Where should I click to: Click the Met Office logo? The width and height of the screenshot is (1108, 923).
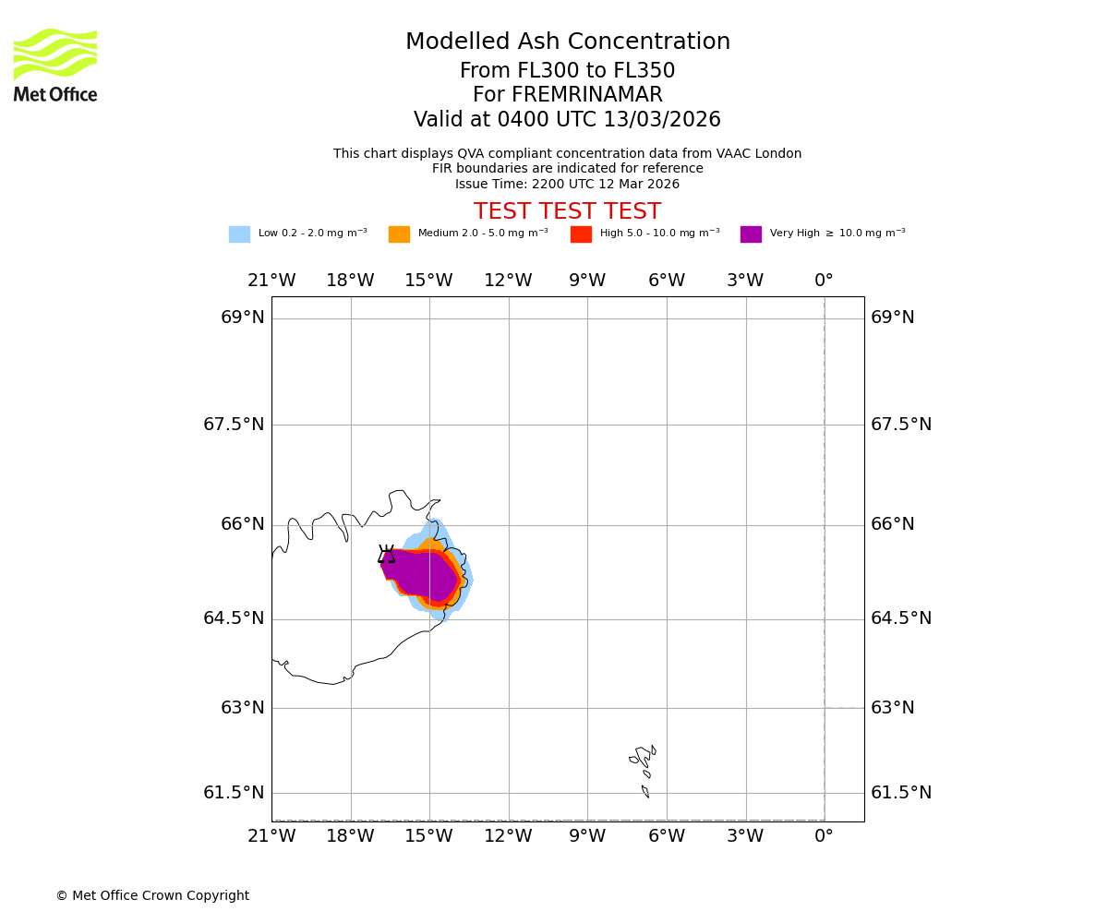[x=55, y=65]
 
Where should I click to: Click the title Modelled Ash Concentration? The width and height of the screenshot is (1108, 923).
[x=567, y=42]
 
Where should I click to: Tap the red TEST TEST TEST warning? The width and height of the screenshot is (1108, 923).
[x=567, y=212]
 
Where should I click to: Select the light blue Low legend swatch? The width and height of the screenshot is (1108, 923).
[x=239, y=234]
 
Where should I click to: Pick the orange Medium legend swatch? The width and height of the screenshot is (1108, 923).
[x=399, y=234]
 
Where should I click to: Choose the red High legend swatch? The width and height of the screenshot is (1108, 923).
[x=581, y=234]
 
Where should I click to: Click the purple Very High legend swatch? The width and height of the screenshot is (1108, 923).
[x=751, y=234]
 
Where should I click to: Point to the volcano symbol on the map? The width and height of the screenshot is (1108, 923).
[x=386, y=554]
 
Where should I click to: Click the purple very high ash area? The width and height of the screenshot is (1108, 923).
[x=420, y=574]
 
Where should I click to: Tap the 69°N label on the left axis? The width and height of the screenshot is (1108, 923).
[x=243, y=318]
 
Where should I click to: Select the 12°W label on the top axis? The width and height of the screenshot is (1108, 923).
[x=508, y=281]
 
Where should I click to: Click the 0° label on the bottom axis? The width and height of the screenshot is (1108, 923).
[x=824, y=836]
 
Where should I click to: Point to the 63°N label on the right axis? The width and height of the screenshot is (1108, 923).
[x=893, y=708]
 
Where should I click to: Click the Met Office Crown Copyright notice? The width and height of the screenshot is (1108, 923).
[x=152, y=896]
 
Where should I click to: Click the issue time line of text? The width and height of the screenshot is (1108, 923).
[x=567, y=185]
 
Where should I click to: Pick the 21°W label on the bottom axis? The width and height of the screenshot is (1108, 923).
[x=271, y=836]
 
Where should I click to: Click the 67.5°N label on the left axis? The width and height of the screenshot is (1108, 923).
[x=234, y=425]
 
